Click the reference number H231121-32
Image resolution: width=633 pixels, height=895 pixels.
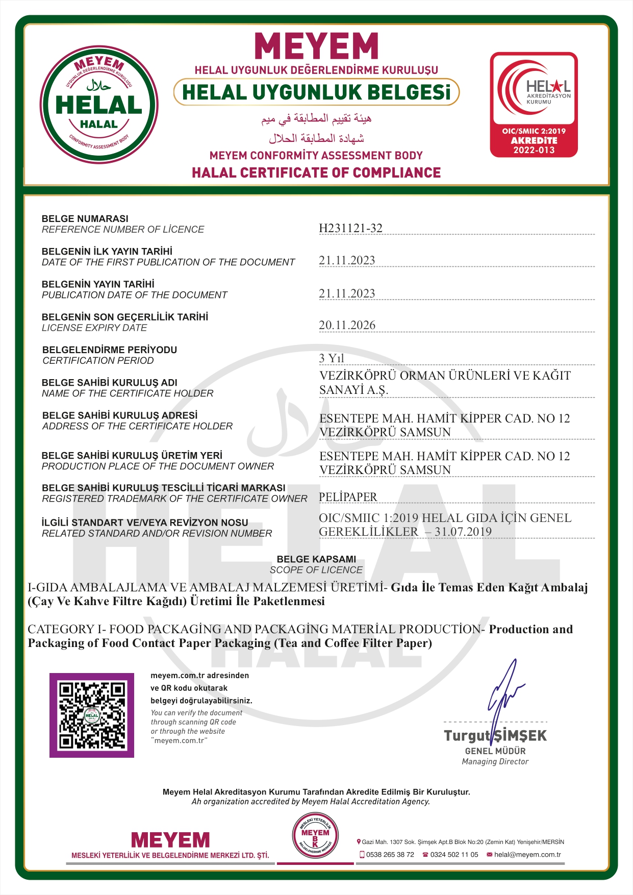point(350,228)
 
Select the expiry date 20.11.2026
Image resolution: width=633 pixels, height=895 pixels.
point(347,325)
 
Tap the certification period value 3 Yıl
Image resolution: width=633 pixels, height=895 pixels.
point(332,358)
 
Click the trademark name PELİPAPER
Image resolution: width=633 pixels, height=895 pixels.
point(348,497)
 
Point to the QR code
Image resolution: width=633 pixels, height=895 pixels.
point(92,715)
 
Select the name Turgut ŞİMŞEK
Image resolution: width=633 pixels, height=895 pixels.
point(495,736)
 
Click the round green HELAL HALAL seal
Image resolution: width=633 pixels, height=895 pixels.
point(99,105)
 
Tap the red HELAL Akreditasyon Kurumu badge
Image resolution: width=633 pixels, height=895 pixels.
point(534,105)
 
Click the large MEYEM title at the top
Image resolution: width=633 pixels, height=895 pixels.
point(316,47)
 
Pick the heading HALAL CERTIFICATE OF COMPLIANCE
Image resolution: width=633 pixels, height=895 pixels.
point(316,173)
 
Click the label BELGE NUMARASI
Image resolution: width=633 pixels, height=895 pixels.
point(85,218)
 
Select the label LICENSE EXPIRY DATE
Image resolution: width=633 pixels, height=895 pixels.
point(94,328)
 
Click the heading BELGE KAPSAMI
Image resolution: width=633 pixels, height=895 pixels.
point(316,559)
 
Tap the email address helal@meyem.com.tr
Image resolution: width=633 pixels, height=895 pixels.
point(527,855)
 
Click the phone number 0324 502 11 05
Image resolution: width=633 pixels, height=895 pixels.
point(454,855)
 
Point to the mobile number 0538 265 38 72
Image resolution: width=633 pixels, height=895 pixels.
point(390,855)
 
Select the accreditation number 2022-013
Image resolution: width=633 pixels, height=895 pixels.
point(534,150)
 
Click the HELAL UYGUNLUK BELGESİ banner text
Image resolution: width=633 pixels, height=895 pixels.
point(316,92)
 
